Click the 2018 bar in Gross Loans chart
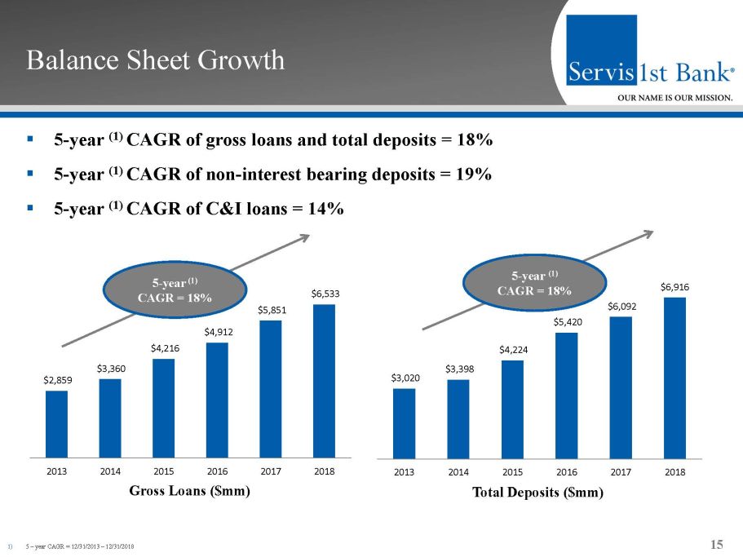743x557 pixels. click(324, 380)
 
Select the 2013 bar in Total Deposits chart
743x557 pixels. click(404, 422)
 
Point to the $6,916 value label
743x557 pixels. click(674, 287)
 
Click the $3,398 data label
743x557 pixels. click(458, 369)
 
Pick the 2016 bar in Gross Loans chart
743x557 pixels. click(217, 399)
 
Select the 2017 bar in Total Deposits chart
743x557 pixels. click(620, 387)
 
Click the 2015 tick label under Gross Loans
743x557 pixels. click(163, 471)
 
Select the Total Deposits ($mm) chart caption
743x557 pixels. click(539, 493)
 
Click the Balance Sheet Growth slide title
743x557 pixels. click(155, 60)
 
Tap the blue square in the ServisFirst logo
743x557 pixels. click(603, 49)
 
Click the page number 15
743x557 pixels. click(717, 545)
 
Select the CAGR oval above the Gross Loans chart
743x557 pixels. click(175, 291)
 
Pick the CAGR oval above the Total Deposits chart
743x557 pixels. click(534, 283)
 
